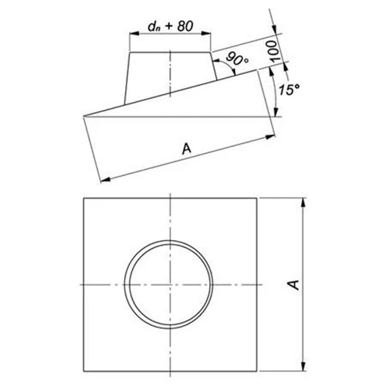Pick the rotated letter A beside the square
point(291,285)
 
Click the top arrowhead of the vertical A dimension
point(303,200)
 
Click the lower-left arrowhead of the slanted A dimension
point(103,181)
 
